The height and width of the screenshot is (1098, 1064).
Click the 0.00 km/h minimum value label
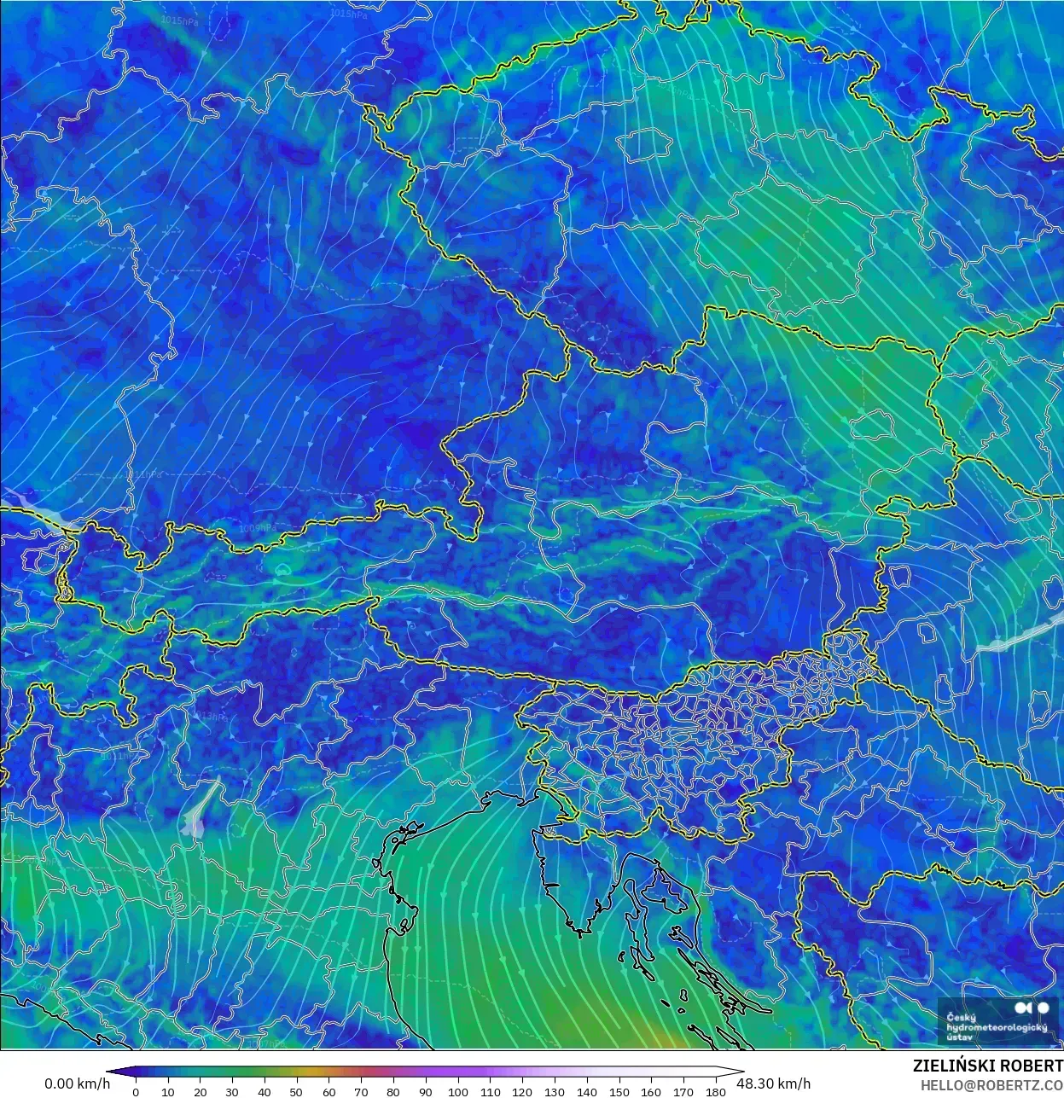(77, 1083)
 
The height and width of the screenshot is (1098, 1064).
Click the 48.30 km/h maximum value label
(773, 1083)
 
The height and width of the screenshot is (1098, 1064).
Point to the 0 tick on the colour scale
(136, 1091)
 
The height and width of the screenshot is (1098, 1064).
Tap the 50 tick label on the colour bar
(296, 1091)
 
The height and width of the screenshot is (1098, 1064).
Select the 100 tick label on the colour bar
(457, 1091)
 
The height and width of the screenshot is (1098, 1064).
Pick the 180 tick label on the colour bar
(716, 1091)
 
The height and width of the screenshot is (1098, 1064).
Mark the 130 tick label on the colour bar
(555, 1091)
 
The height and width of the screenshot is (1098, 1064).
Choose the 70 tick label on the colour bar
(361, 1091)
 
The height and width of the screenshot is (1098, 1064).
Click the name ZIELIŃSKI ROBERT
(987, 1066)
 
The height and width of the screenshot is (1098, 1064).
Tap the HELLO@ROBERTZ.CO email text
(991, 1084)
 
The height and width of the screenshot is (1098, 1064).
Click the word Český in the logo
(962, 1017)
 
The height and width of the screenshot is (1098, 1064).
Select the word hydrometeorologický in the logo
(996, 1027)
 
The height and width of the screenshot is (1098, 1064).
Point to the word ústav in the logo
(959, 1037)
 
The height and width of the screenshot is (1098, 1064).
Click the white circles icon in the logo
(1032, 1008)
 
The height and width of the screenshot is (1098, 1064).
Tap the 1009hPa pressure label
(255, 529)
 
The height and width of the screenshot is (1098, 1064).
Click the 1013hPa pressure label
(210, 716)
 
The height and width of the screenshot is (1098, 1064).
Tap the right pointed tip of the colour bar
(741, 1072)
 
